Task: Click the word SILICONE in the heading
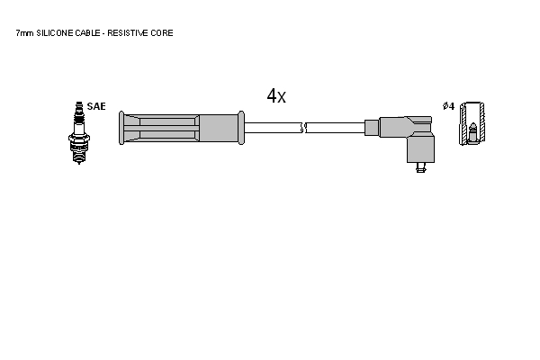(x=55, y=33)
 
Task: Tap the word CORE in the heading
(x=161, y=33)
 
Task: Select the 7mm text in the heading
(x=24, y=33)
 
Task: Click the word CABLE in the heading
(x=87, y=33)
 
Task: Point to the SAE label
(x=96, y=106)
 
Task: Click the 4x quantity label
(x=276, y=95)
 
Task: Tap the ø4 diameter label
(x=449, y=106)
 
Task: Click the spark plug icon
(x=79, y=132)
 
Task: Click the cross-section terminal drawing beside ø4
(x=472, y=123)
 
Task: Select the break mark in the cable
(x=303, y=128)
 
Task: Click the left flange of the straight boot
(x=121, y=128)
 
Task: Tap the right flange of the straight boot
(x=241, y=128)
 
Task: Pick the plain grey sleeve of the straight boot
(x=219, y=128)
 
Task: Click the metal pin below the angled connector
(x=420, y=167)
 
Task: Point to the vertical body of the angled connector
(x=420, y=148)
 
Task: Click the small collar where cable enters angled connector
(x=372, y=128)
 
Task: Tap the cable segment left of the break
(x=273, y=128)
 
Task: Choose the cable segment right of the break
(x=335, y=128)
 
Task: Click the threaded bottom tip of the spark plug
(x=79, y=157)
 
